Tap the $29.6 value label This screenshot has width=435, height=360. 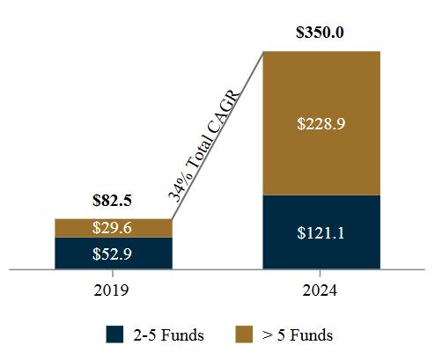[113, 228]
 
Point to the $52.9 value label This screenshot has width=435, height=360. [113, 253]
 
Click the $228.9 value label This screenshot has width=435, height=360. [321, 124]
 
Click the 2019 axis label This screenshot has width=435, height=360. [113, 290]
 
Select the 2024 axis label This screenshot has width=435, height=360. [321, 290]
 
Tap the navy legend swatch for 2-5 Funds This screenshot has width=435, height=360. [114, 334]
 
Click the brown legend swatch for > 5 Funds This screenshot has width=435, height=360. [246, 334]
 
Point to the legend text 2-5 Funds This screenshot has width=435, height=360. [159, 335]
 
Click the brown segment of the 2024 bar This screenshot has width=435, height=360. [321, 88]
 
